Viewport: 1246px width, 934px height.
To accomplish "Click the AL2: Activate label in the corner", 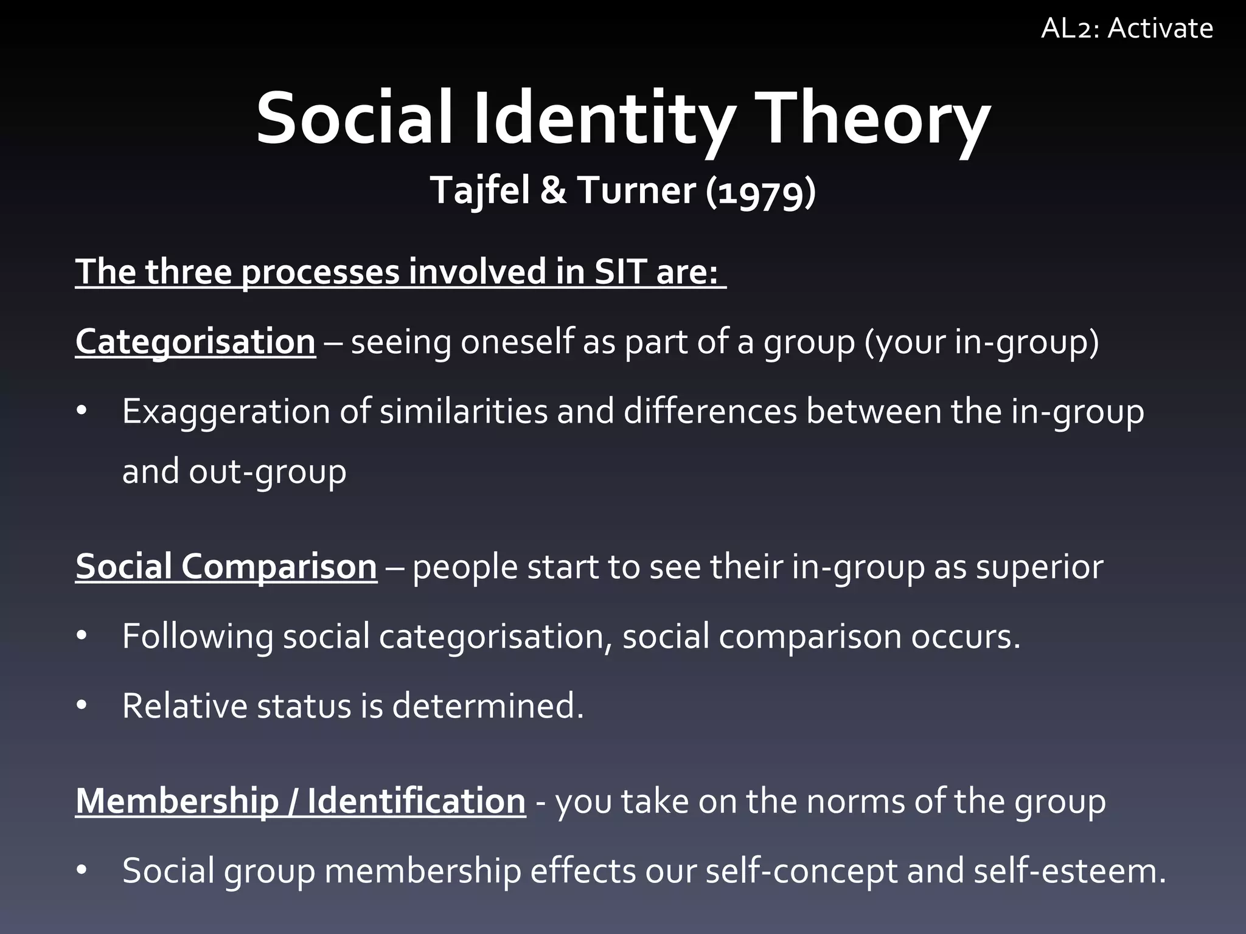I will [x=1127, y=29].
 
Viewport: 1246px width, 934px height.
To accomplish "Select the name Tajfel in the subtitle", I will [x=480, y=190].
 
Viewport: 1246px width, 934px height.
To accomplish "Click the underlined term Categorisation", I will [x=195, y=342].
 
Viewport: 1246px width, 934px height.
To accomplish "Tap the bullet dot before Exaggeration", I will [x=82, y=412].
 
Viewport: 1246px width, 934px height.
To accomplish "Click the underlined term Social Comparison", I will [x=226, y=567].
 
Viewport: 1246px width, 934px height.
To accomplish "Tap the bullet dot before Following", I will [x=82, y=637].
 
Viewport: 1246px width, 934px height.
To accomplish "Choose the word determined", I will [x=487, y=706].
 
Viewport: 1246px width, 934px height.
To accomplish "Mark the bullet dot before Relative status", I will [x=82, y=706].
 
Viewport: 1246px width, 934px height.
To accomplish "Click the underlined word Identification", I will [x=416, y=801].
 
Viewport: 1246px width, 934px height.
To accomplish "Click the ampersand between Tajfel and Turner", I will [x=552, y=190].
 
